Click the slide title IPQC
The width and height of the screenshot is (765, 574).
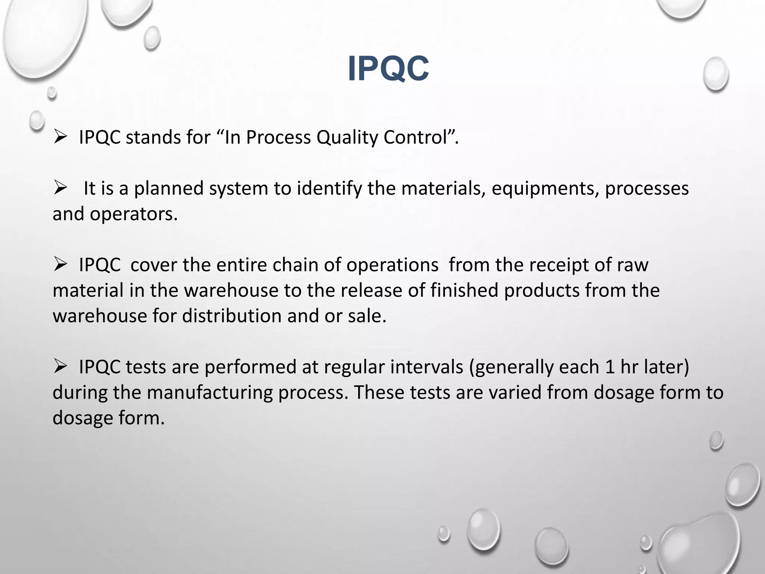pyautogui.click(x=388, y=69)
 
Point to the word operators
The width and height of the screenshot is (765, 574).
pyautogui.click(x=133, y=214)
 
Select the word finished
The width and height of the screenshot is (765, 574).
pyautogui.click(x=464, y=290)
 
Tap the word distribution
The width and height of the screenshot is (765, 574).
pyautogui.click(x=232, y=316)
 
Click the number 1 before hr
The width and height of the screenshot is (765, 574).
pyautogui.click(x=610, y=367)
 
